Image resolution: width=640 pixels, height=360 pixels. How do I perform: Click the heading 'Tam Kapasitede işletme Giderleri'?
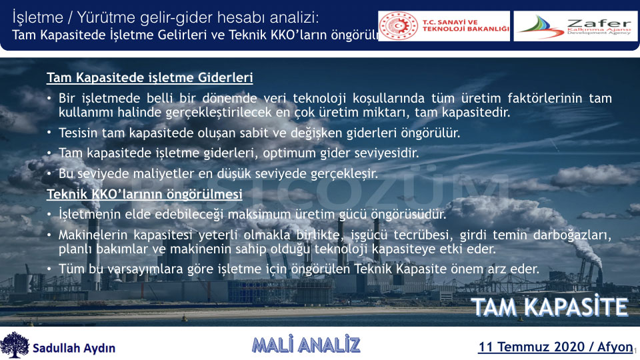pyautogui.click(x=150, y=77)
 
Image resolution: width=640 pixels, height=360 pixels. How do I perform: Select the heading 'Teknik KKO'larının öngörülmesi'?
pyautogui.click(x=145, y=194)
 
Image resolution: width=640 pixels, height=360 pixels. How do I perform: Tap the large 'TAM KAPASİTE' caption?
pyautogui.click(x=550, y=307)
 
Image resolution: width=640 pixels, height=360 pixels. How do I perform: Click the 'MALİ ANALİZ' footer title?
pyautogui.click(x=306, y=345)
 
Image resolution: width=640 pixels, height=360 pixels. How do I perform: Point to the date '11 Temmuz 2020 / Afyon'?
pyautogui.click(x=555, y=347)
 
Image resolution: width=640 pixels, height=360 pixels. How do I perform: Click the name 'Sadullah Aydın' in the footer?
pyautogui.click(x=74, y=348)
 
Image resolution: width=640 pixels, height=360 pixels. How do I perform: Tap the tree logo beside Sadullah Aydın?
pyautogui.click(x=15, y=345)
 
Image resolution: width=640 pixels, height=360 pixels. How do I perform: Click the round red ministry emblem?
pyautogui.click(x=398, y=26)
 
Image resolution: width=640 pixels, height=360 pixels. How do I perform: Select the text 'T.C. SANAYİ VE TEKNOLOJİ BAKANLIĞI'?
pyautogui.click(x=466, y=26)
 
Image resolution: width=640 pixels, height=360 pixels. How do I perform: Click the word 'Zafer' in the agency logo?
pyautogui.click(x=599, y=23)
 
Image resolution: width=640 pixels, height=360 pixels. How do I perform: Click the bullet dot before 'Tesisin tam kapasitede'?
pyautogui.click(x=49, y=133)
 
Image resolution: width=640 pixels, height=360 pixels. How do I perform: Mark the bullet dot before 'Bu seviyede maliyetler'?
pyautogui.click(x=49, y=173)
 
